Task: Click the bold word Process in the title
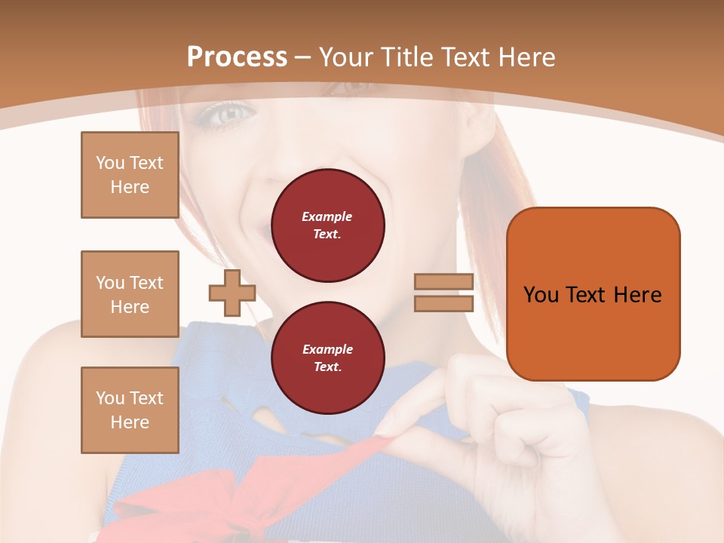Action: click(x=237, y=57)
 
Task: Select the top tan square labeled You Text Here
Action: click(x=130, y=175)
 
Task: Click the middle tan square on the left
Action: click(x=130, y=294)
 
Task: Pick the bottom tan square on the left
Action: click(x=130, y=410)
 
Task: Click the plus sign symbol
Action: click(x=232, y=293)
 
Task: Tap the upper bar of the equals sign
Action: click(x=443, y=282)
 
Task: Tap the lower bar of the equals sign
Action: click(x=443, y=303)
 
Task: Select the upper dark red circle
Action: click(x=327, y=225)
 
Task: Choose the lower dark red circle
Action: click(x=327, y=357)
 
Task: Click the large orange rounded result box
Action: click(x=593, y=294)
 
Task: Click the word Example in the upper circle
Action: click(x=327, y=216)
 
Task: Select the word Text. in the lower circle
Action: click(x=327, y=367)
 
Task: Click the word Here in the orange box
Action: click(x=637, y=295)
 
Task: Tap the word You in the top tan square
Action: click(x=110, y=163)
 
